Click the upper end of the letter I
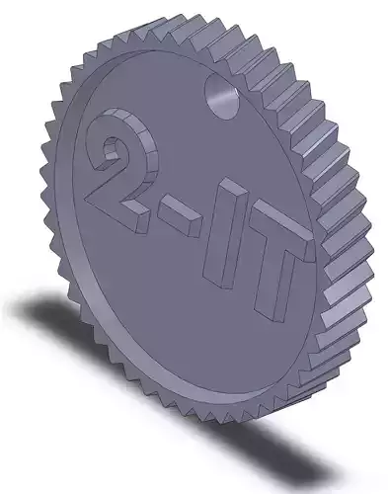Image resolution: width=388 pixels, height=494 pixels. (228, 189)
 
